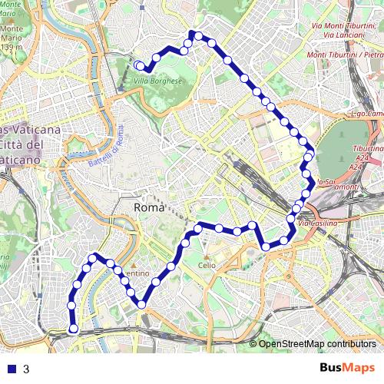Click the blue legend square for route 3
pyautogui.click(x=10, y=369)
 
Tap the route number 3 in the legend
pyautogui.click(x=26, y=369)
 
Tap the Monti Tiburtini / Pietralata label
pyautogui.click(x=345, y=55)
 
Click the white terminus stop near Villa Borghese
pyautogui.click(x=137, y=65)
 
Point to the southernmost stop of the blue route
pyautogui.click(x=74, y=329)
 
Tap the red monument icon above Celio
pyautogui.click(x=206, y=256)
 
